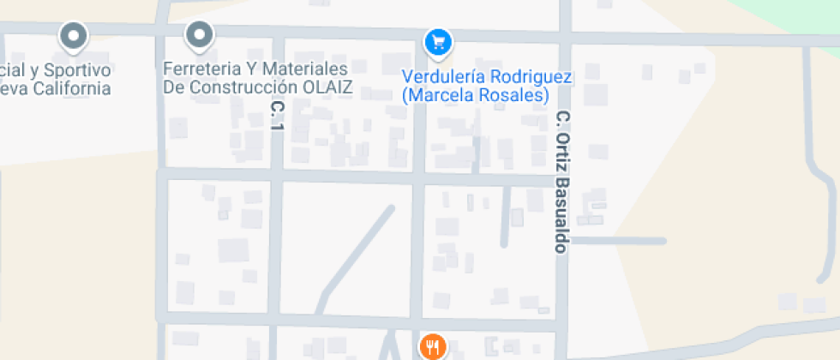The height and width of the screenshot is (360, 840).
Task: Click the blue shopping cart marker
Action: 439,41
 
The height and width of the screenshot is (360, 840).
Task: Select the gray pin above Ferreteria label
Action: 200,35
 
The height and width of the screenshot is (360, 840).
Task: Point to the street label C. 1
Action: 276,116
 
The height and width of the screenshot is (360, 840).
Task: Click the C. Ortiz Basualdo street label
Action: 562,181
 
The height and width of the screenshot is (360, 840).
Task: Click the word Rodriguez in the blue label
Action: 531,77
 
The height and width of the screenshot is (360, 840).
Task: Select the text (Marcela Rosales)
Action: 475,96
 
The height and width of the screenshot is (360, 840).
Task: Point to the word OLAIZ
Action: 325,87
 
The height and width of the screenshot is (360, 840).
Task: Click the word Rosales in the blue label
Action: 516,96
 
